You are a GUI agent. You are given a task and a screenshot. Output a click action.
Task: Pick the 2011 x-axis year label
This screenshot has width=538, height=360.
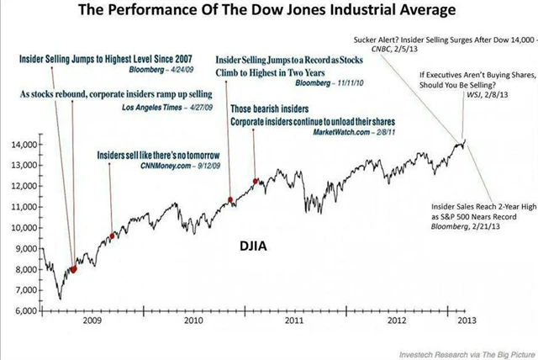(294, 321)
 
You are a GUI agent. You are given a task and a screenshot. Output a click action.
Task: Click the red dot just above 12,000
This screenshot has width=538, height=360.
(255, 182)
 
